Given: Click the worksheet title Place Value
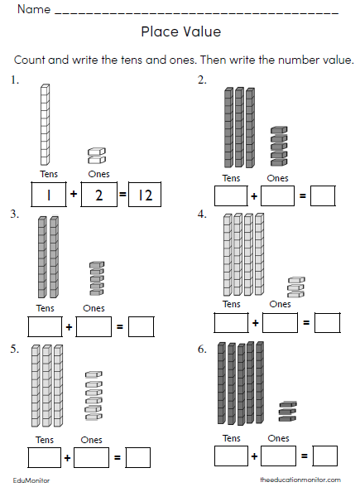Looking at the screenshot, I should (x=180, y=32).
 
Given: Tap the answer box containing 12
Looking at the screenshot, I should (x=145, y=195).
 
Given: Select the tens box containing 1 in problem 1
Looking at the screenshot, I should (x=48, y=195).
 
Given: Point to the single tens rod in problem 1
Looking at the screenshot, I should (x=45, y=127).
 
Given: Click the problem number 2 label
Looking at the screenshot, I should (x=201, y=80).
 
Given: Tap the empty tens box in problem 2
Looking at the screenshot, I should (x=230, y=196).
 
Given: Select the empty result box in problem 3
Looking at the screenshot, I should (x=142, y=326).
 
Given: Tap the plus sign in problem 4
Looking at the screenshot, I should (x=255, y=321).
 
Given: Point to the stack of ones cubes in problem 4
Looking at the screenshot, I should (x=295, y=287).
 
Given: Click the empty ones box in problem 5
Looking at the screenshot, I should (x=91, y=456).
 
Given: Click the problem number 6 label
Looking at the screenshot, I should (x=201, y=349).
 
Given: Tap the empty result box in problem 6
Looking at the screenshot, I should (x=325, y=455).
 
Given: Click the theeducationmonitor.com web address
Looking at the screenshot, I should (x=300, y=480).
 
